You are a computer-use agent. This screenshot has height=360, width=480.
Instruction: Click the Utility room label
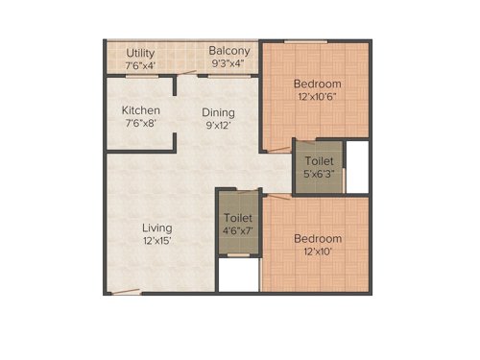(140, 52)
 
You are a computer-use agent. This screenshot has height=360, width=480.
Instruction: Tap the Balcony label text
(229, 51)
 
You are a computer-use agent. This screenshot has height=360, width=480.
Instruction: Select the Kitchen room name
(140, 110)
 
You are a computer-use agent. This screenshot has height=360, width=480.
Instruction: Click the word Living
(156, 228)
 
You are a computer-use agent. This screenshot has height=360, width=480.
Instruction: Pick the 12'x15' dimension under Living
(156, 241)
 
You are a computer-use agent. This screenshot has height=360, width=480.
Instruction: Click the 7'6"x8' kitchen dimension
(140, 124)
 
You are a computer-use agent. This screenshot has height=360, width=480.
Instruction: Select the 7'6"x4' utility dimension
(140, 65)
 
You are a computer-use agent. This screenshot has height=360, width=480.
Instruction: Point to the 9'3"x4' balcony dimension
(228, 64)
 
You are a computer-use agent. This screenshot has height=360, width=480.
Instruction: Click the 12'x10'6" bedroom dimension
(317, 97)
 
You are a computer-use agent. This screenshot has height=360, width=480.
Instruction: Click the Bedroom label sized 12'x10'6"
(317, 84)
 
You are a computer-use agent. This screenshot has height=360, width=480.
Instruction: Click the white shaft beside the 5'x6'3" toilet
(356, 168)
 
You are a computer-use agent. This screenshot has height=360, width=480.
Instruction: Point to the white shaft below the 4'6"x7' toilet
(238, 276)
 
